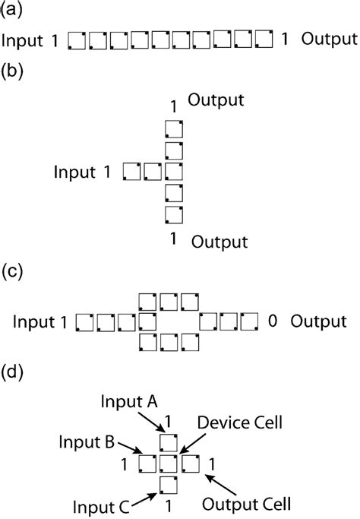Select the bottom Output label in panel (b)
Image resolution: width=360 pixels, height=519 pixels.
(219, 242)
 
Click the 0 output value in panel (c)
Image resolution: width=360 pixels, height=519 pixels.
(271, 321)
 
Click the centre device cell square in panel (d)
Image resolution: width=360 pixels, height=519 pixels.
(171, 464)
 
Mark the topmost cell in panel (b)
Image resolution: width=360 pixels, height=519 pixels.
(174, 128)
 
